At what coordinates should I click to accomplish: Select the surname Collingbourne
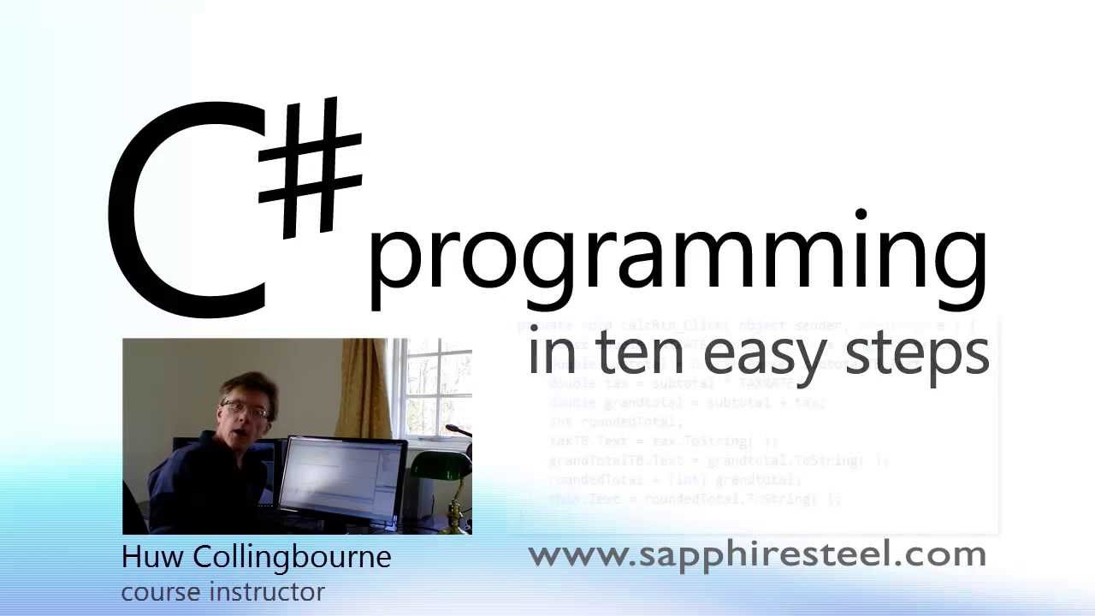pos(292,557)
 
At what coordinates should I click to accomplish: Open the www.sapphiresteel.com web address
pos(757,554)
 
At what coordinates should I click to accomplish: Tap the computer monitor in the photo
pos(342,479)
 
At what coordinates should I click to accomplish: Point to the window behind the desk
pos(436,385)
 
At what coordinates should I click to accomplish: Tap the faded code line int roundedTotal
pos(616,421)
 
